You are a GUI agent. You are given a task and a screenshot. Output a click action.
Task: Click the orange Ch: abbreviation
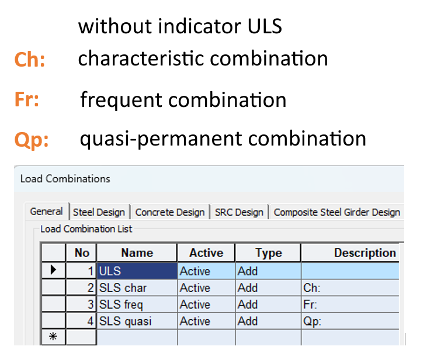coord(30,60)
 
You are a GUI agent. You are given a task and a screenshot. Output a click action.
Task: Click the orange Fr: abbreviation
coord(27,100)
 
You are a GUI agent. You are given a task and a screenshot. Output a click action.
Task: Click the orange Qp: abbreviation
coord(32,140)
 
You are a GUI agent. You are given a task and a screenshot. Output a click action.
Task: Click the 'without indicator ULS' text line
coord(180,26)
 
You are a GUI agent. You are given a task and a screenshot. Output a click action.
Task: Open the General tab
coord(46,212)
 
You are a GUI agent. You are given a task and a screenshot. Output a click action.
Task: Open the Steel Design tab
coord(100,212)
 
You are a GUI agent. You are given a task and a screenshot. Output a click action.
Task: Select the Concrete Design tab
coord(169,212)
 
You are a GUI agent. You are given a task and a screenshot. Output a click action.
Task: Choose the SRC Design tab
coord(239,212)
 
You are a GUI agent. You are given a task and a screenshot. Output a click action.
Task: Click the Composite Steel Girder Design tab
coord(336,212)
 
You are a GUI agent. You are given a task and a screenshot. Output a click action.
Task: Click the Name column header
coord(137,253)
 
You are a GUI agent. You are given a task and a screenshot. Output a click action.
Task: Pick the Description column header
coord(364,253)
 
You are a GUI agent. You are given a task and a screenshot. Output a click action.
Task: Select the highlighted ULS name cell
coord(137,271)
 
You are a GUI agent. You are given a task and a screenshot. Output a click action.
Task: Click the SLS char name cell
coord(137,288)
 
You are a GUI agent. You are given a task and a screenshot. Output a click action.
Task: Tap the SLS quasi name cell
coord(137,321)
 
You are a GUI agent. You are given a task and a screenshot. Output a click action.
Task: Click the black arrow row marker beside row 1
coord(54,271)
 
